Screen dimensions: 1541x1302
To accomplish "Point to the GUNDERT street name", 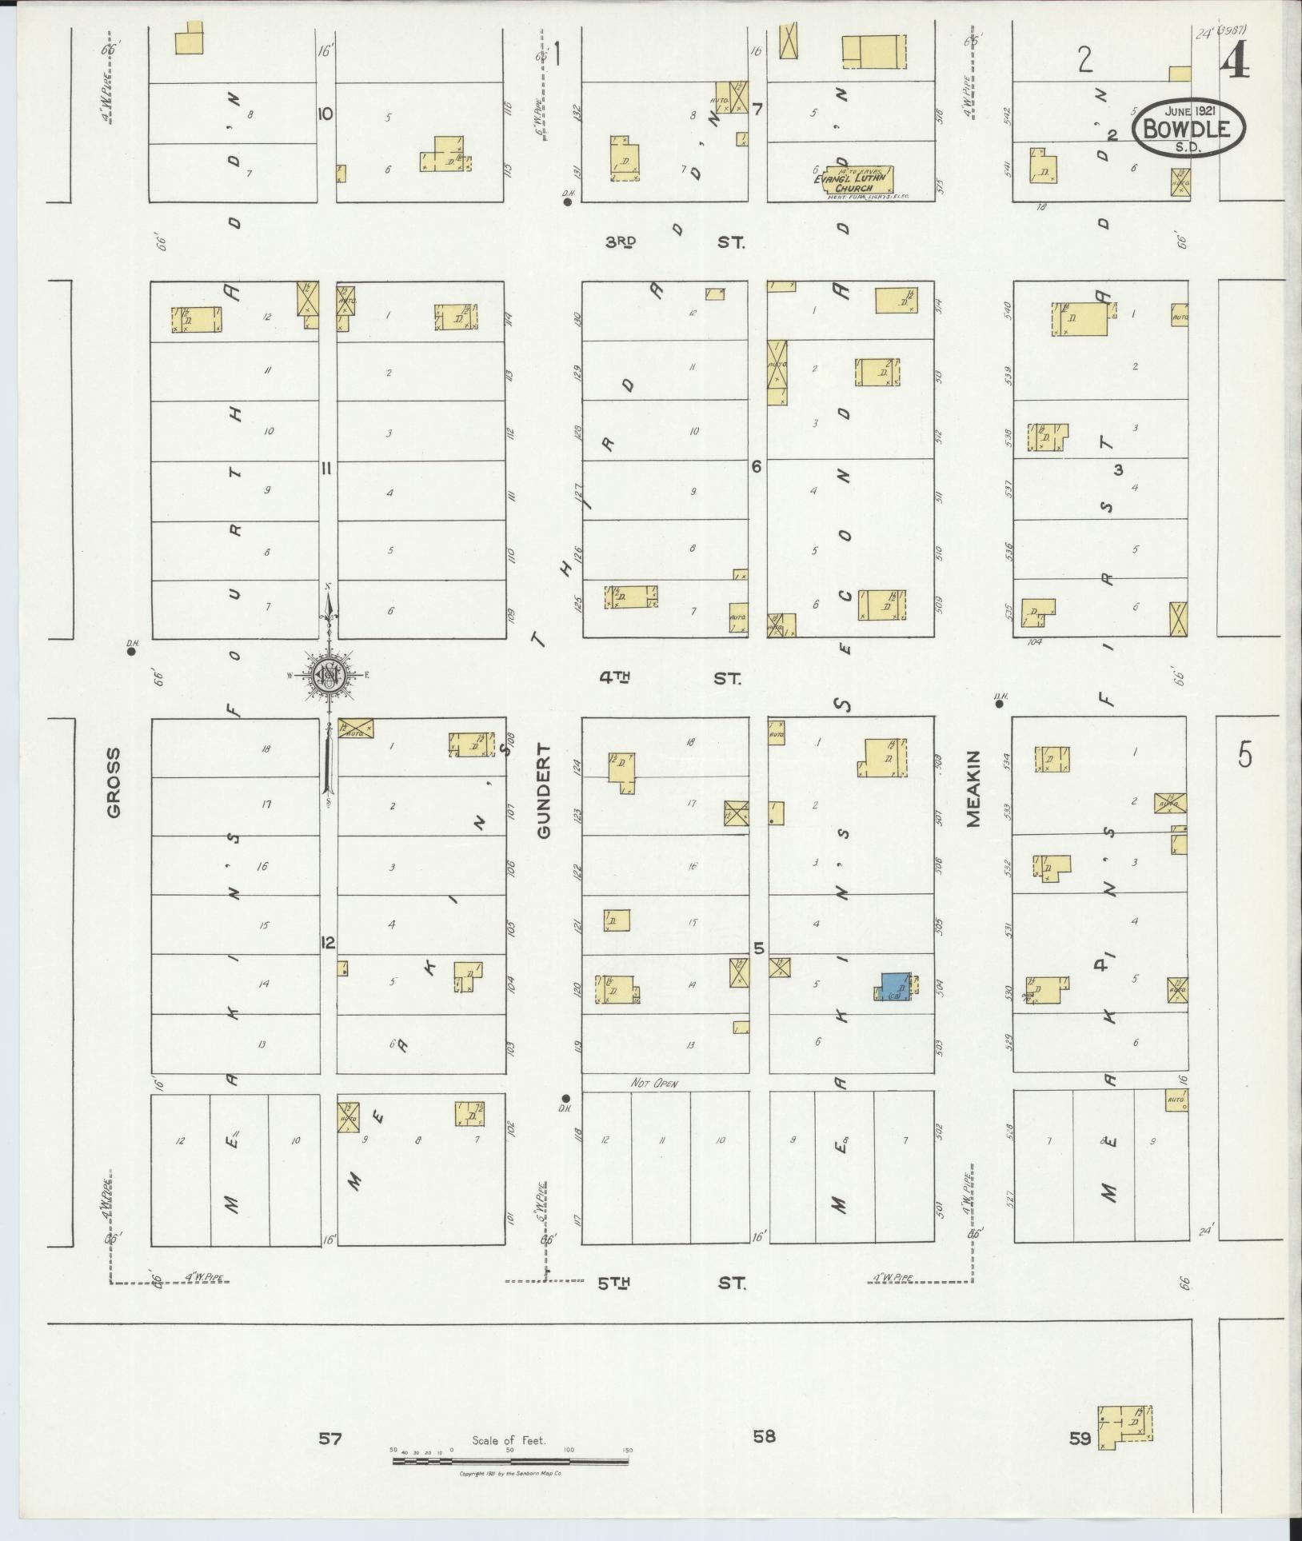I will [545, 790].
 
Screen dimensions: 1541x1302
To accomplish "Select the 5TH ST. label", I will [672, 1284].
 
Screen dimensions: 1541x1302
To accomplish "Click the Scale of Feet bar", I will [510, 1460].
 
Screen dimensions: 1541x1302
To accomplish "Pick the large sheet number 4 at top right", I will [1235, 58].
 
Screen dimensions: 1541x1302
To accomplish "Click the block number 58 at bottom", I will [764, 1436].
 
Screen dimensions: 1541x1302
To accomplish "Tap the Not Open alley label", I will [653, 1084].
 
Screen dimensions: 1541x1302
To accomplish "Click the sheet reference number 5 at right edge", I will [1244, 755].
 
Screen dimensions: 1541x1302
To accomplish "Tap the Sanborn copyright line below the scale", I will [510, 1473].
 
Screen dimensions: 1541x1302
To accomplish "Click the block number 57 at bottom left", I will [329, 1439].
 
